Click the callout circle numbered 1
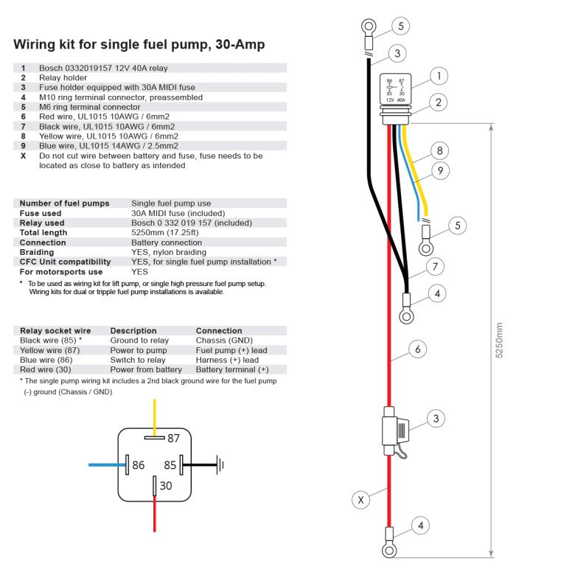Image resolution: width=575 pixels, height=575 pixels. [439, 76]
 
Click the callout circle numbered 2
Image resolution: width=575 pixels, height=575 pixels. [439, 102]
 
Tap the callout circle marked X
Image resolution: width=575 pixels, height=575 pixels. [360, 501]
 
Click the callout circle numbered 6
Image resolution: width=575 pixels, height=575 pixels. [417, 349]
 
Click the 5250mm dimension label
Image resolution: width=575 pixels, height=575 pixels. [499, 340]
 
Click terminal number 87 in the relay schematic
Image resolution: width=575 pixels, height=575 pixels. [173, 438]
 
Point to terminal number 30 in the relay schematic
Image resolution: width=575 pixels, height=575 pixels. [166, 486]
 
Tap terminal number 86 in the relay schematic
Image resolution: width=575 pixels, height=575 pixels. [138, 465]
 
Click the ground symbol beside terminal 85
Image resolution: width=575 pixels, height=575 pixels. [219, 465]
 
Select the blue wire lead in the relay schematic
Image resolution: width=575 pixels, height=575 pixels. [107, 465]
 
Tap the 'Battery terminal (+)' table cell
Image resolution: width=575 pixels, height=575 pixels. [232, 369]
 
